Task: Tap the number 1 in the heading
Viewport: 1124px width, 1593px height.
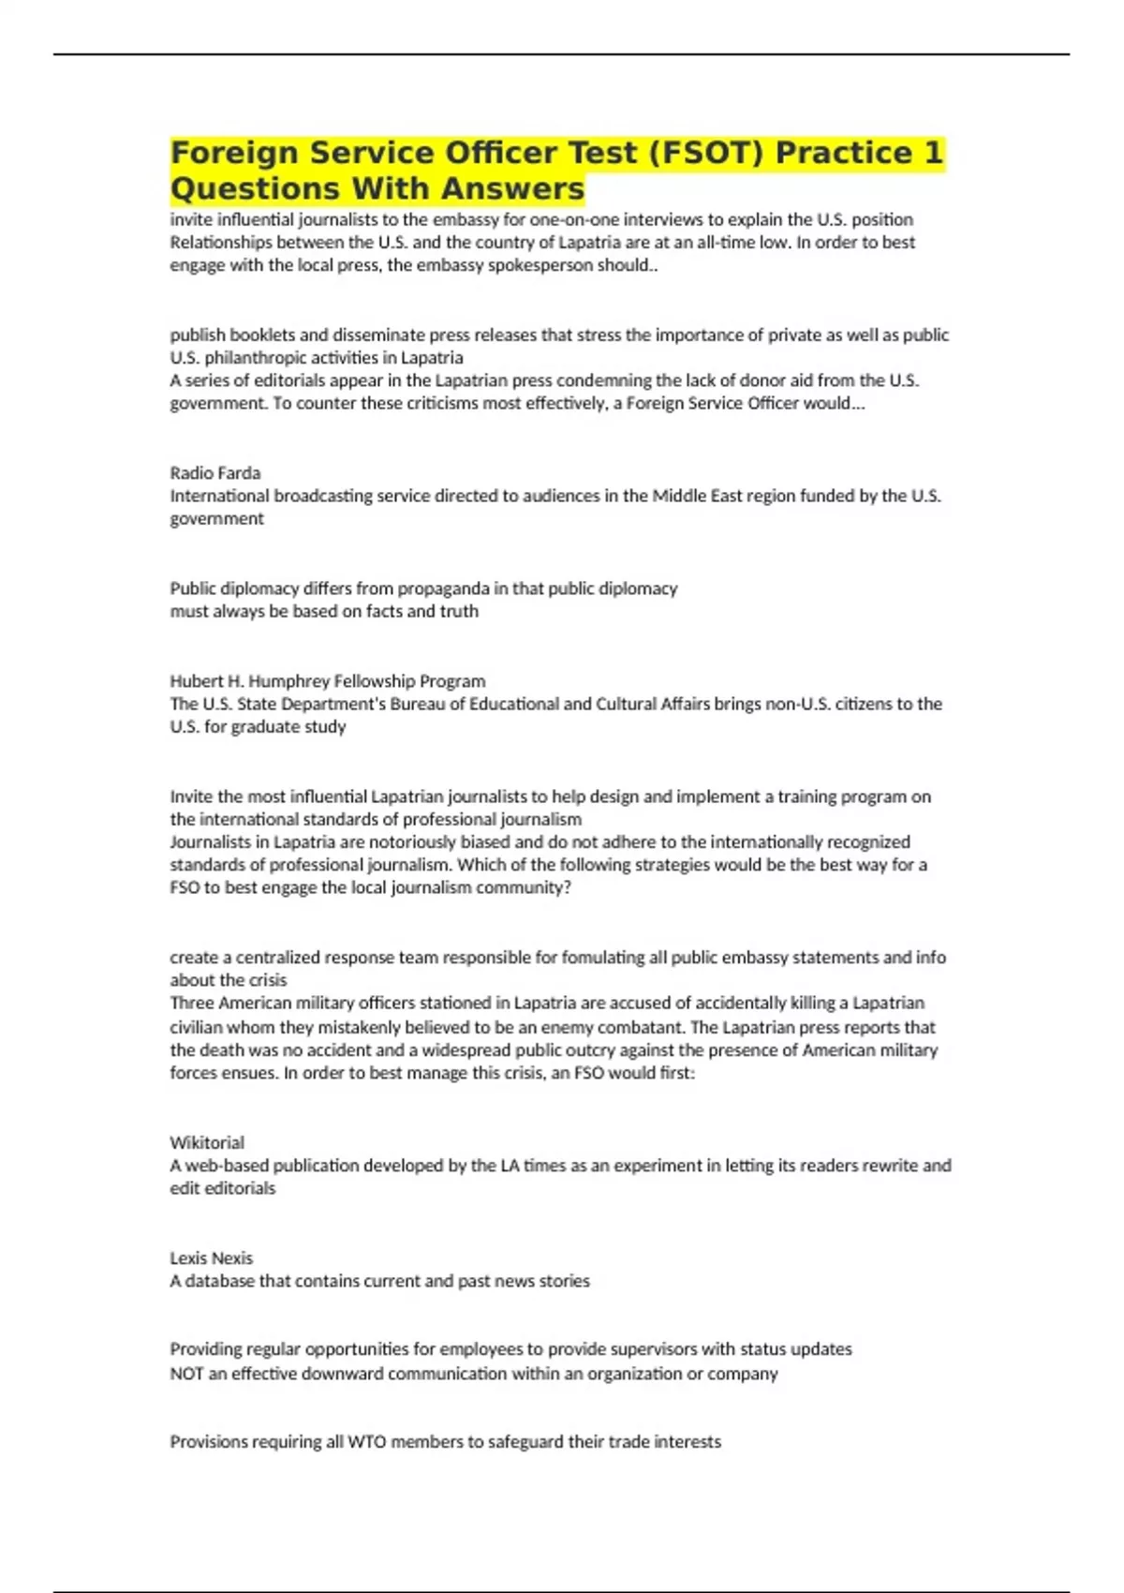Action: point(932,153)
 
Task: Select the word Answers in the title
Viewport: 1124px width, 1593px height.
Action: point(512,188)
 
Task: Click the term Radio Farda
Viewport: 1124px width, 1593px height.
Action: point(214,473)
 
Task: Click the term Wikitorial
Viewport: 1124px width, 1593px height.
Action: point(207,1142)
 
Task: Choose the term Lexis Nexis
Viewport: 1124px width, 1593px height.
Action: point(211,1258)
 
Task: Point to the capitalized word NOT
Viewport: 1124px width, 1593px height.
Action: point(186,1374)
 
